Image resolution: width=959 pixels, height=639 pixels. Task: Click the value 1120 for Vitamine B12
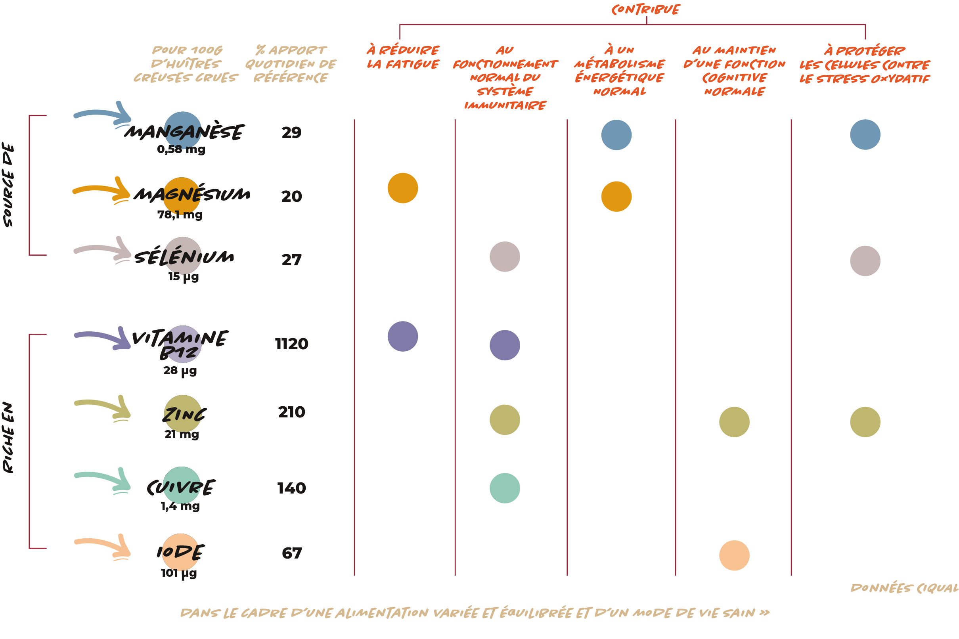(x=291, y=344)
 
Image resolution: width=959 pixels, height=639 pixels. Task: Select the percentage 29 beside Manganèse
(x=291, y=133)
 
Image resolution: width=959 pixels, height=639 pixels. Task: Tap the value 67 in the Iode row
(x=292, y=553)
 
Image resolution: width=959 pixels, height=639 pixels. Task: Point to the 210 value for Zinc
(x=291, y=412)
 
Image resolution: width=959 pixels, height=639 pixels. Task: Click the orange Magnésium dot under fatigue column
(x=403, y=188)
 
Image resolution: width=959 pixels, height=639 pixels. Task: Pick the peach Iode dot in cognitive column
(x=734, y=555)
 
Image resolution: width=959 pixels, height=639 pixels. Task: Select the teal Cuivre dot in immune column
(x=505, y=488)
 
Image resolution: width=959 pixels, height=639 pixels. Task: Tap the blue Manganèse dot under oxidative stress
(x=865, y=134)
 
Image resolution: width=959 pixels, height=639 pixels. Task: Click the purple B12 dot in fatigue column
(x=403, y=337)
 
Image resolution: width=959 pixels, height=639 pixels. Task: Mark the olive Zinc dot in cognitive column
(x=734, y=422)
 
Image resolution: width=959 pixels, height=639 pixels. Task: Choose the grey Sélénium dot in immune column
(x=505, y=257)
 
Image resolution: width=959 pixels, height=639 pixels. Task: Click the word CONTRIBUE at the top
(x=645, y=10)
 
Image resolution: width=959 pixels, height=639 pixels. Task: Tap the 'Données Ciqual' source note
(x=904, y=588)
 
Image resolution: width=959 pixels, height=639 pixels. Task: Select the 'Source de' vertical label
(x=8, y=185)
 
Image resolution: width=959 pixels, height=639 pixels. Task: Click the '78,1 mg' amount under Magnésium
(x=180, y=215)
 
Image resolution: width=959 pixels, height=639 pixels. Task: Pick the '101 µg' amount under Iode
(x=178, y=573)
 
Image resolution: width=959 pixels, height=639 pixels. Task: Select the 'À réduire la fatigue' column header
(x=403, y=57)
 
